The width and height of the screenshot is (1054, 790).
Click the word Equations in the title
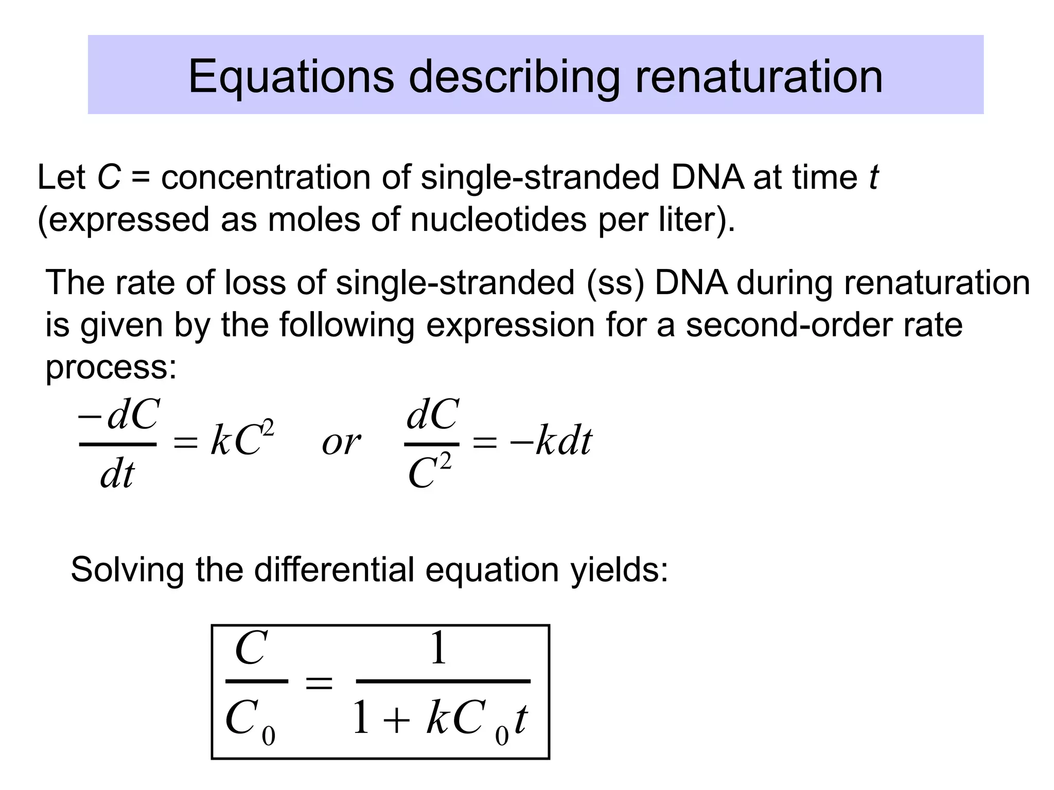point(291,77)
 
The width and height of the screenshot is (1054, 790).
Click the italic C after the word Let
point(109,177)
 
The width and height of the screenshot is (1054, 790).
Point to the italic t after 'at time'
point(873,177)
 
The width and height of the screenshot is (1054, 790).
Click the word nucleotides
point(498,220)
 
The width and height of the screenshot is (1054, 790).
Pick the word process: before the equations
point(111,367)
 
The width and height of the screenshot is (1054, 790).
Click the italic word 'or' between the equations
point(341,442)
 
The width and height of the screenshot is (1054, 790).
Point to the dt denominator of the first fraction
point(117,474)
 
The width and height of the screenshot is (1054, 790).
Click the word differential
point(334,570)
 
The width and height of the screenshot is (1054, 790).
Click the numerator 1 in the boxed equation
point(438,649)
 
